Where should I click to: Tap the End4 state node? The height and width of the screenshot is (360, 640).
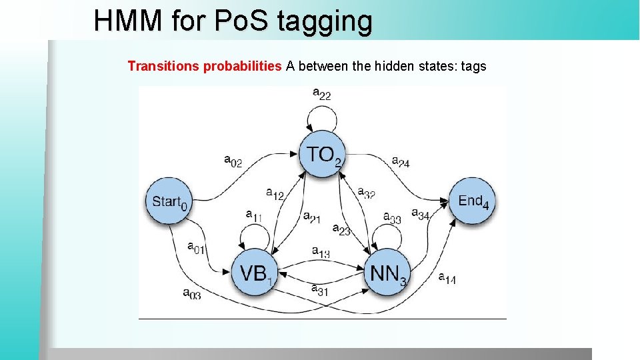(473, 201)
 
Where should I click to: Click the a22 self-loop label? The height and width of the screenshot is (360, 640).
(321, 94)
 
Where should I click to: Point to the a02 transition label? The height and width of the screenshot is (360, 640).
(233, 161)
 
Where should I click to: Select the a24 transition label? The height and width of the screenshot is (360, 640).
(401, 161)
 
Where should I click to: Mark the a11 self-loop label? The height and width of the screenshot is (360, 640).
(254, 215)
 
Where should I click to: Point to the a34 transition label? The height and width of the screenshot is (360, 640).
(420, 213)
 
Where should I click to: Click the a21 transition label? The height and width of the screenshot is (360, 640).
(311, 216)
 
